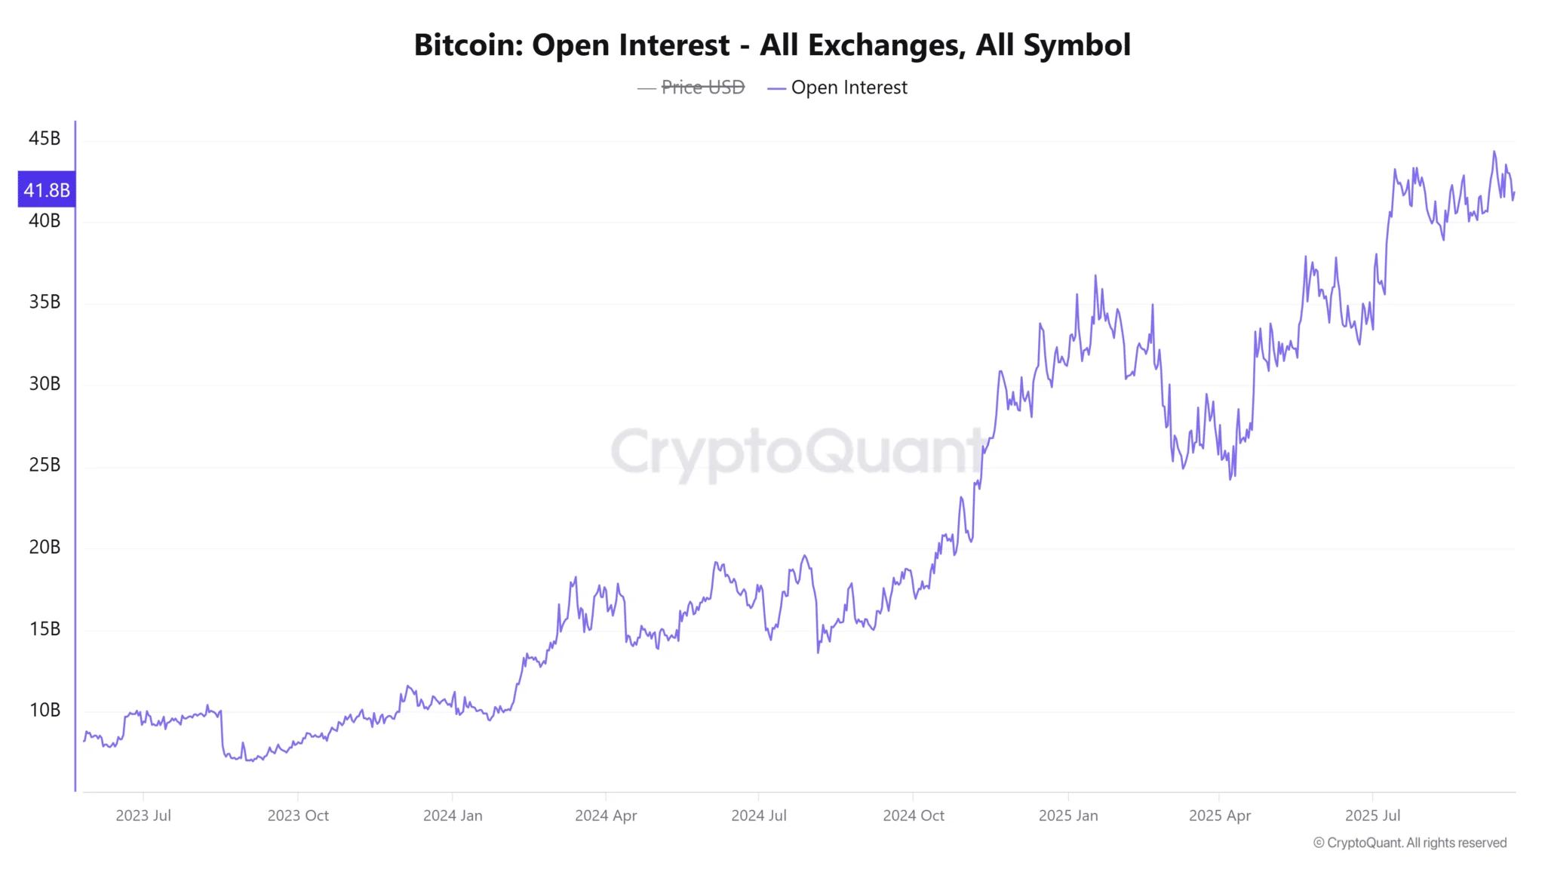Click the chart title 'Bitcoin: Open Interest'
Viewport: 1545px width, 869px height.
(x=772, y=45)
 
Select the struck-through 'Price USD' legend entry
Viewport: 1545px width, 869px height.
(x=702, y=88)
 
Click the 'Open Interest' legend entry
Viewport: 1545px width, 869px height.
(x=849, y=88)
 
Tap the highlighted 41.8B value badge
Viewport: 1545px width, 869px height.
(x=47, y=190)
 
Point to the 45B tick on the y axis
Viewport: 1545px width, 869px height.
(x=45, y=139)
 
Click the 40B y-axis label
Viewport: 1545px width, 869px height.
(x=45, y=221)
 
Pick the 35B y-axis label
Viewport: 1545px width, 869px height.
(x=45, y=302)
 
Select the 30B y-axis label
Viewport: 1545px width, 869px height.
(x=45, y=384)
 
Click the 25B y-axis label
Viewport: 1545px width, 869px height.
(x=45, y=465)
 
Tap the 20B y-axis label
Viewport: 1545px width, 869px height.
(x=45, y=548)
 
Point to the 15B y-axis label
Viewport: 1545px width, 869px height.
(x=45, y=629)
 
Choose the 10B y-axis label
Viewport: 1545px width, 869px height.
(x=45, y=711)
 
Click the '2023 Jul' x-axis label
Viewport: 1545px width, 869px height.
(x=143, y=815)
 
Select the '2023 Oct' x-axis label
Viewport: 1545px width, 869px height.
(x=298, y=815)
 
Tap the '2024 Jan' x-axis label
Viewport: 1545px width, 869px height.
(x=453, y=815)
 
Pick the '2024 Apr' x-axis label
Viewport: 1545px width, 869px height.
(x=606, y=815)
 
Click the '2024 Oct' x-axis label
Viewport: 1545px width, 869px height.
(x=914, y=815)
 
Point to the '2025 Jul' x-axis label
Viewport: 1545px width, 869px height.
(x=1373, y=815)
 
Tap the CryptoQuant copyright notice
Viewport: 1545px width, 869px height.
(x=1410, y=843)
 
